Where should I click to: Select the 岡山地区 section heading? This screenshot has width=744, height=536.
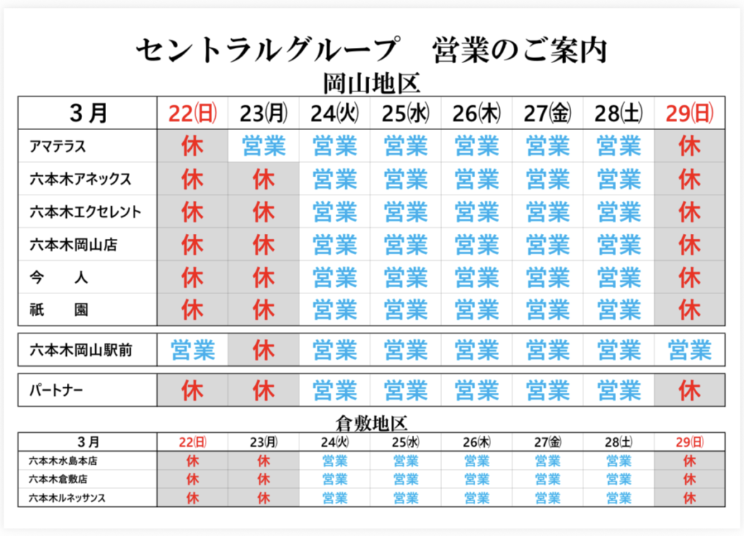pyautogui.click(x=371, y=84)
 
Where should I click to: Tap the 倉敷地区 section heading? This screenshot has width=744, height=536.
pyautogui.click(x=371, y=423)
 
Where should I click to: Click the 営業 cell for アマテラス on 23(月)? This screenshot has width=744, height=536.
pyautogui.click(x=264, y=146)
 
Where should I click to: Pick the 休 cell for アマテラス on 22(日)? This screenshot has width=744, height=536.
pyautogui.click(x=193, y=146)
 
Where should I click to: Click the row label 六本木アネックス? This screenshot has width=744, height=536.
pyautogui.click(x=81, y=179)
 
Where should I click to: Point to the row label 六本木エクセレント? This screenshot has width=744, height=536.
pyautogui.click(x=86, y=212)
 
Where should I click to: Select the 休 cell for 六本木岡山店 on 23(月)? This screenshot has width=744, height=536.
pyautogui.click(x=264, y=245)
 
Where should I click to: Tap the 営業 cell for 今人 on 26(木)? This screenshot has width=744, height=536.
pyautogui.click(x=477, y=277)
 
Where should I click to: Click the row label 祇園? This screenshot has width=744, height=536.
pyautogui.click(x=60, y=310)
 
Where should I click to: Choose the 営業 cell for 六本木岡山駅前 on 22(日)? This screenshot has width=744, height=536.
pyautogui.click(x=193, y=351)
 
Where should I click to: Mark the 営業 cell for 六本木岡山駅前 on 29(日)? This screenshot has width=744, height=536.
pyautogui.click(x=690, y=351)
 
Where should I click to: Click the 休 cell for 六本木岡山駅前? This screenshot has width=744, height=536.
pyautogui.click(x=264, y=351)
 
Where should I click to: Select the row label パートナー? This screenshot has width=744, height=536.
pyautogui.click(x=56, y=391)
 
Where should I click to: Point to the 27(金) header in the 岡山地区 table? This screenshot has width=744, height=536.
pyautogui.click(x=548, y=113)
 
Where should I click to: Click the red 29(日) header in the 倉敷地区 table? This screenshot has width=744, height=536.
pyautogui.click(x=690, y=442)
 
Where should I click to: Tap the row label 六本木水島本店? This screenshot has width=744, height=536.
pyautogui.click(x=62, y=460)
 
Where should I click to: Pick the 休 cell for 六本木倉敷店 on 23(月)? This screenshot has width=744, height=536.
pyautogui.click(x=264, y=479)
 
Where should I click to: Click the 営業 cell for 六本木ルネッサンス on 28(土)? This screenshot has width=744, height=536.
pyautogui.click(x=618, y=498)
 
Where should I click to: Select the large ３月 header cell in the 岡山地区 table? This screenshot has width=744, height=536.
pyautogui.click(x=89, y=113)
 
